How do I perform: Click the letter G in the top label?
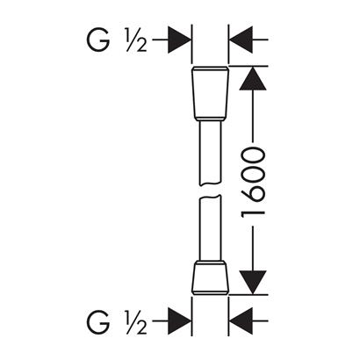tap(98, 40)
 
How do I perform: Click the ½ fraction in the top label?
tap(137, 40)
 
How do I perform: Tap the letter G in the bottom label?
tap(98, 321)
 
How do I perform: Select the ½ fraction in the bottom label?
tap(137, 321)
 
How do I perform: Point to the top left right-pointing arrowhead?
tap(179, 40)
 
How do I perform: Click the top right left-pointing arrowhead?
tap(241, 40)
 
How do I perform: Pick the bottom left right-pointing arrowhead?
tap(179, 320)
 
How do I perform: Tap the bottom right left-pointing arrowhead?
tap(241, 320)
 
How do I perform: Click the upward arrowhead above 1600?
tap(253, 78)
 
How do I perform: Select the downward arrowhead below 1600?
tap(253, 283)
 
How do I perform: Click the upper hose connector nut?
tap(210, 94)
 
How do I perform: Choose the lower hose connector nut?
tap(210, 277)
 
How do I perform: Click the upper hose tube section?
tap(209, 153)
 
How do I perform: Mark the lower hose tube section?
tap(209, 227)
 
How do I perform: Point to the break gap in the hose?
tap(209, 190)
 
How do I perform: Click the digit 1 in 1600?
tap(253, 212)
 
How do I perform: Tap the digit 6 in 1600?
tap(253, 194)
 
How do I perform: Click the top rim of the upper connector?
tap(210, 68)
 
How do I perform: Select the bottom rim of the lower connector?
tap(210, 293)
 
